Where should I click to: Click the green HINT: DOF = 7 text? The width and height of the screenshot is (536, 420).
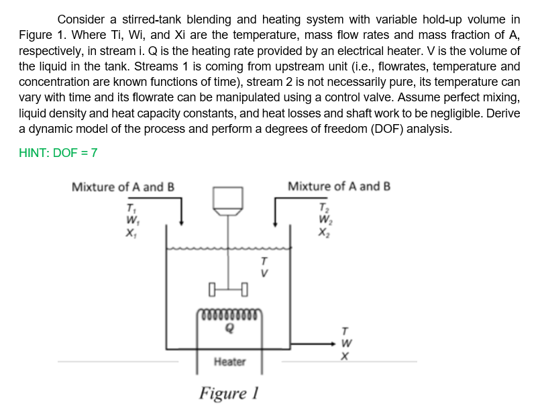[x=58, y=152]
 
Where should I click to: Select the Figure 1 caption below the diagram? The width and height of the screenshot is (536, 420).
[x=229, y=393]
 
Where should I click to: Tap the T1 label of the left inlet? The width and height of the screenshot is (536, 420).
[x=130, y=206]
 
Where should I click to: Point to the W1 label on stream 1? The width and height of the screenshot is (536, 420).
[x=130, y=217]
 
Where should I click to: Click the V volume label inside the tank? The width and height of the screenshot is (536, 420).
[x=264, y=273]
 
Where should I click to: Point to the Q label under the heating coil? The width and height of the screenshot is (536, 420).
[x=229, y=329]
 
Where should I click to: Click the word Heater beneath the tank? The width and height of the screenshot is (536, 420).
[x=229, y=362]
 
